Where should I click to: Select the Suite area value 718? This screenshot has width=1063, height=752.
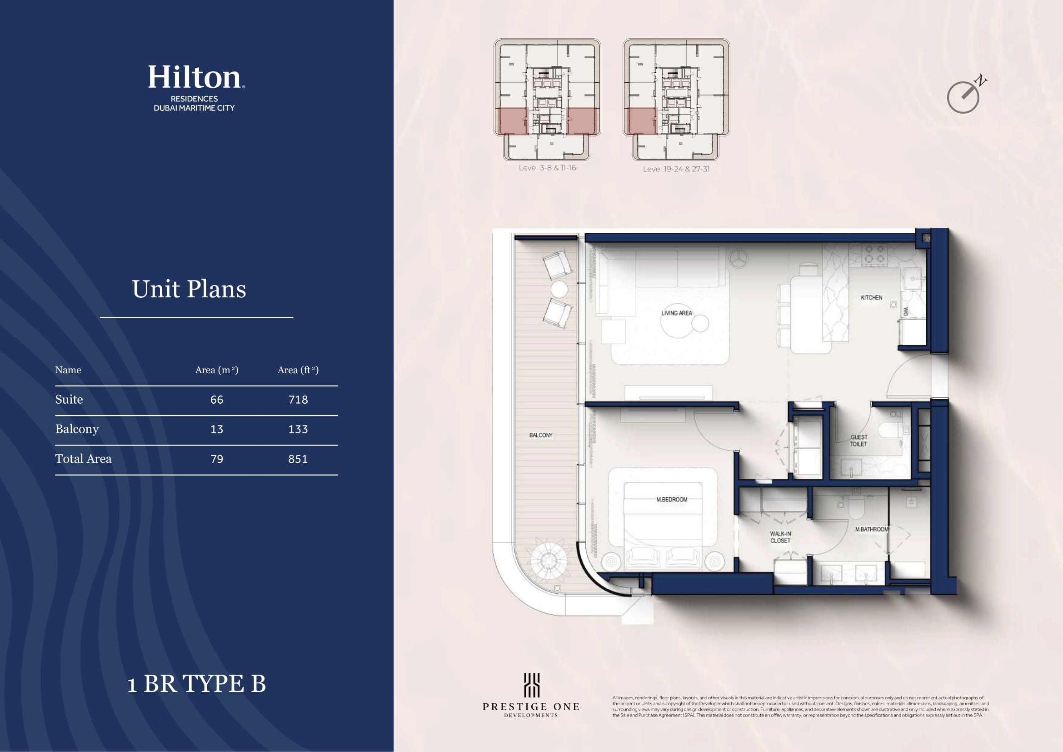pyautogui.click(x=298, y=400)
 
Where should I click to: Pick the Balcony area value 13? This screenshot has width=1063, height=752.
pyautogui.click(x=217, y=429)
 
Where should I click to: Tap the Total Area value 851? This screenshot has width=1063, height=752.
pyautogui.click(x=298, y=459)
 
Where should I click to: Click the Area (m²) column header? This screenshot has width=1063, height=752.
pyautogui.click(x=217, y=370)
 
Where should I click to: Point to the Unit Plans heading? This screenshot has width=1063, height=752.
pyautogui.click(x=189, y=289)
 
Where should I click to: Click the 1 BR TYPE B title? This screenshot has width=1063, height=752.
pyautogui.click(x=197, y=683)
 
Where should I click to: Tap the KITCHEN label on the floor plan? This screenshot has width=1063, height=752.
pyautogui.click(x=871, y=298)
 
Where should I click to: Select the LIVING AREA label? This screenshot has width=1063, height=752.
pyautogui.click(x=676, y=313)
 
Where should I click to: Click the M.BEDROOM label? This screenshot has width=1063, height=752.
pyautogui.click(x=672, y=499)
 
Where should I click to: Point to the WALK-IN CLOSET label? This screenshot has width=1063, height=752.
pyautogui.click(x=781, y=537)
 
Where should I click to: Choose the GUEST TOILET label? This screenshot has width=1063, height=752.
pyautogui.click(x=859, y=441)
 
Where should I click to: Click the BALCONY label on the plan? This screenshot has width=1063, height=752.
pyautogui.click(x=541, y=435)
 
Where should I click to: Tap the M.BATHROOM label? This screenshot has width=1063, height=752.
pyautogui.click(x=872, y=529)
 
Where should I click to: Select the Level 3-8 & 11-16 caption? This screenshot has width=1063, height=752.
pyautogui.click(x=547, y=168)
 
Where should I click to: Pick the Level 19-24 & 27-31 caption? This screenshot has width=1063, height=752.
pyautogui.click(x=676, y=169)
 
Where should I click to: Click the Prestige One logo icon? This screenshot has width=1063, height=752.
pyautogui.click(x=532, y=685)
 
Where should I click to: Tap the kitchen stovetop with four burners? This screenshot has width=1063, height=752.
pyautogui.click(x=874, y=255)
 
